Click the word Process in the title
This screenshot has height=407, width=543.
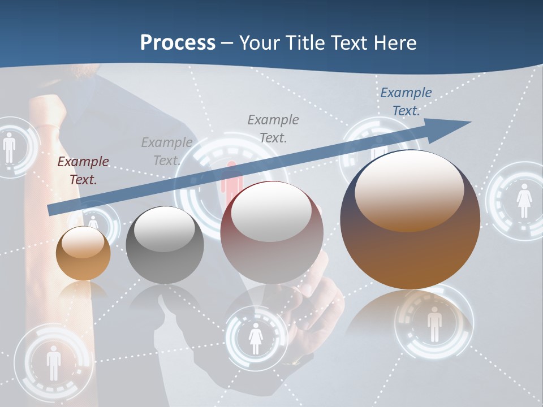click(178, 42)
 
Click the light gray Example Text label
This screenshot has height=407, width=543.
click(166, 151)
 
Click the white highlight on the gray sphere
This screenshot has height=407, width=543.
click(164, 228)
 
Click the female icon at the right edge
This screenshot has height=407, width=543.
click(524, 201)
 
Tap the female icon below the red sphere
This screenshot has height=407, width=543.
click(256, 337)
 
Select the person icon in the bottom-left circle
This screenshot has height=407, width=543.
click(54, 362)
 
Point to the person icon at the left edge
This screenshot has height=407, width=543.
click(9, 148)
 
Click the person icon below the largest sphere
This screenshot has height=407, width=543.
click(434, 324)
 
